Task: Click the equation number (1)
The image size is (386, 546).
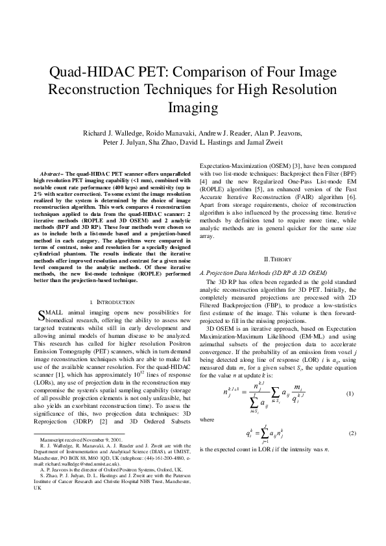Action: pyautogui.click(x=349, y=394)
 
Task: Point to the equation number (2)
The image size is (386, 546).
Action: pyautogui.click(x=349, y=433)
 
